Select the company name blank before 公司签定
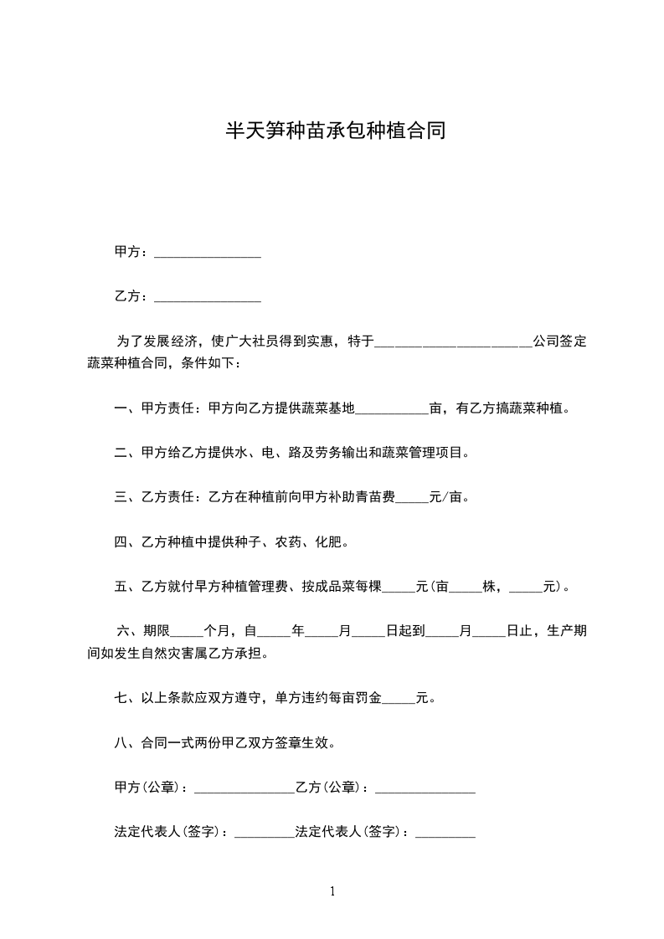point(452,344)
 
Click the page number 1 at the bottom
point(332,891)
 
